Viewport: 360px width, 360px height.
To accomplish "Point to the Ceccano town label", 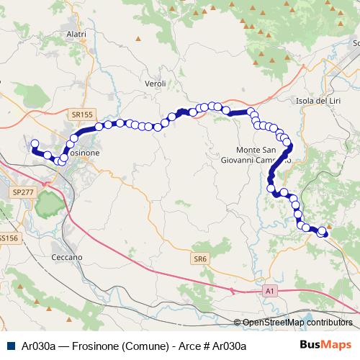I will pyautogui.click(x=67, y=257).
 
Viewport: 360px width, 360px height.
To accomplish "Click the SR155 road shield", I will pyautogui.click(x=82, y=114).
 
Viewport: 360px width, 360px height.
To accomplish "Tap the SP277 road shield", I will pyautogui.click(x=24, y=192).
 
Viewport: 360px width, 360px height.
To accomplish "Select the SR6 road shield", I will pyautogui.click(x=199, y=258).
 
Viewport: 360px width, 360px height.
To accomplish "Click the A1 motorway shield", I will pyautogui.click(x=269, y=290).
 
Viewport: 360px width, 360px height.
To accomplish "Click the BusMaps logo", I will pyautogui.click(x=325, y=345).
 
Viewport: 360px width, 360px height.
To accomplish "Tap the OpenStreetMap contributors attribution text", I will pyautogui.click(x=297, y=323).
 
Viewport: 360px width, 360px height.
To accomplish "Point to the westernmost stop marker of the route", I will pyautogui.click(x=34, y=143).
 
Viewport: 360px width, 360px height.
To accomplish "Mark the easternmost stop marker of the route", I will pyautogui.click(x=323, y=233).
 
